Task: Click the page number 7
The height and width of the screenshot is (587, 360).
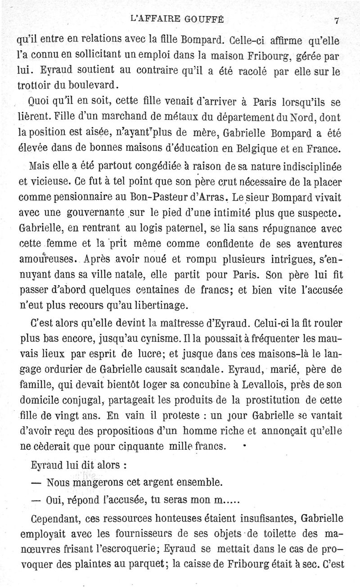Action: (x=336, y=20)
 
